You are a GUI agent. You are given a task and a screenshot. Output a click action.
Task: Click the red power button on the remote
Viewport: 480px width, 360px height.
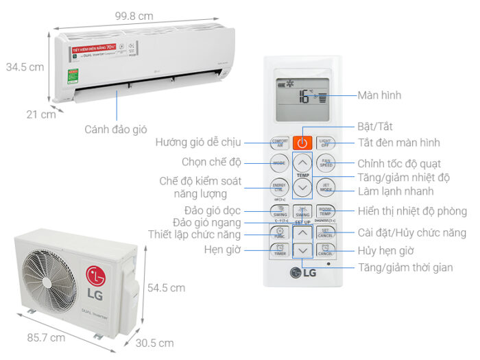(302, 143)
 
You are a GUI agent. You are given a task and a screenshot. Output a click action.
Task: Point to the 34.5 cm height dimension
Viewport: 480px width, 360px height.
(25, 67)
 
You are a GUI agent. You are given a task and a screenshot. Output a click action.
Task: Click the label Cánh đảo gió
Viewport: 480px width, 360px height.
(116, 129)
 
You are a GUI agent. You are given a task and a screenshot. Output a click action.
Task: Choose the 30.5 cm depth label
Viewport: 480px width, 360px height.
(154, 342)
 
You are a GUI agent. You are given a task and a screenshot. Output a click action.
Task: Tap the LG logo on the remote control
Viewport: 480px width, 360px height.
(302, 273)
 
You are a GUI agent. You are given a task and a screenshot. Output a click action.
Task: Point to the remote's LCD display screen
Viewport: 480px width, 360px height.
(302, 97)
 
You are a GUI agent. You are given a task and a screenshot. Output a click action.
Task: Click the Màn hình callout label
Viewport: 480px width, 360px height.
(379, 95)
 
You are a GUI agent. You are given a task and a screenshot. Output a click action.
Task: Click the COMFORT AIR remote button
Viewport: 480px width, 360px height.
(279, 143)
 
